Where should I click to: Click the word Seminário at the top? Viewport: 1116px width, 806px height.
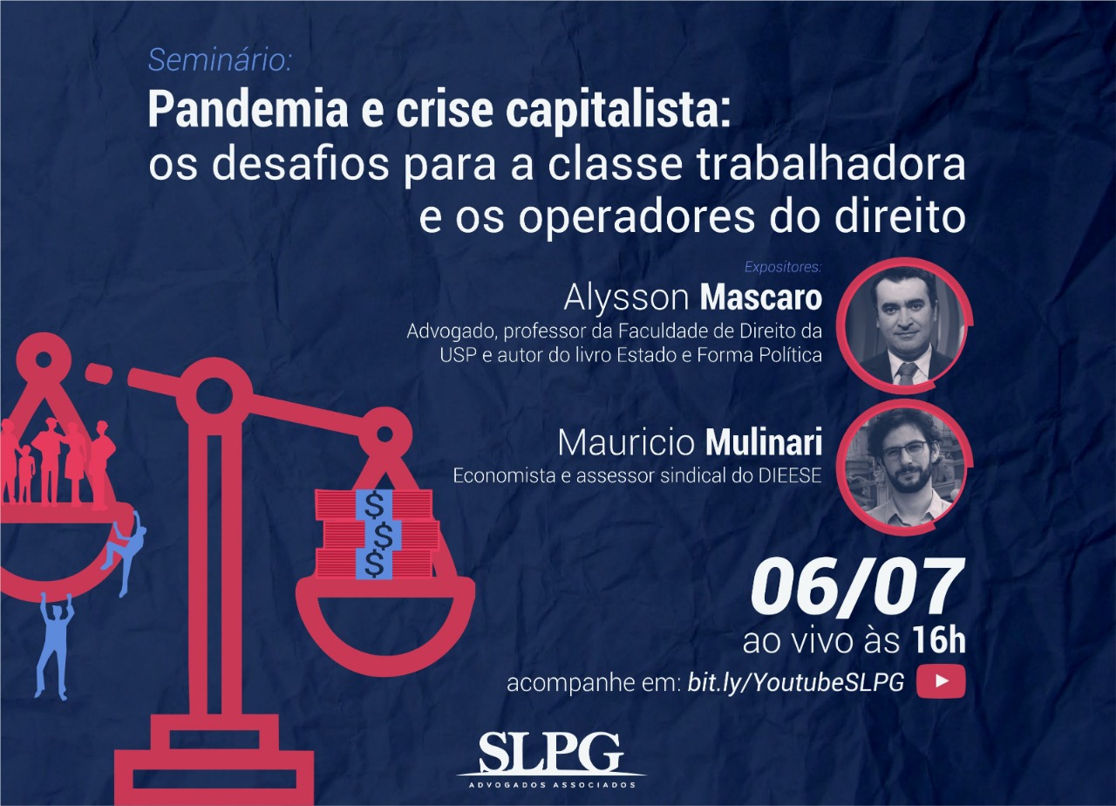[219, 61]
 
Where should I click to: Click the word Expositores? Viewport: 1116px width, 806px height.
[783, 267]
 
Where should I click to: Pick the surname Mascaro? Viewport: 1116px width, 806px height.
[761, 298]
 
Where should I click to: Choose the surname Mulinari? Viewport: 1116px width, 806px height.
[765, 442]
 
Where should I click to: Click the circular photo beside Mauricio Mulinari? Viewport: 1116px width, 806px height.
[902, 468]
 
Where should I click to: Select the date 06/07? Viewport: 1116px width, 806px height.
[856, 588]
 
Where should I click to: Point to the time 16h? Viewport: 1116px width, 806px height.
[939, 640]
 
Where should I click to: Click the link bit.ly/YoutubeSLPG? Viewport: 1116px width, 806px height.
[796, 682]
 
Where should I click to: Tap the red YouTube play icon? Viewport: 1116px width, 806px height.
[941, 681]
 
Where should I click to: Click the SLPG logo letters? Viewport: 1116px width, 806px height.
[551, 755]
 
